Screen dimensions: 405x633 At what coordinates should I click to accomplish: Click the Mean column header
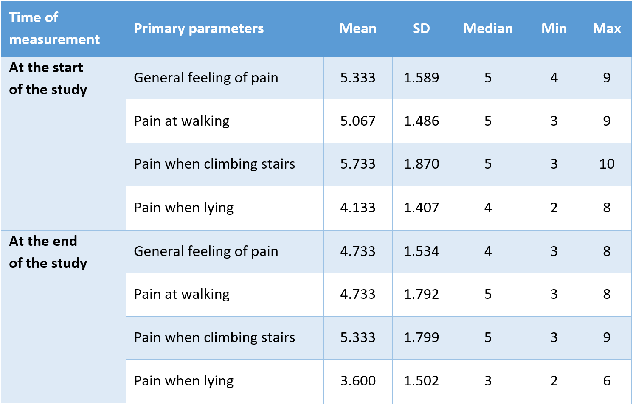click(358, 28)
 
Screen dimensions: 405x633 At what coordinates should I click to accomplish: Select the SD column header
click(421, 28)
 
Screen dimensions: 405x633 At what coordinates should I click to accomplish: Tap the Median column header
click(488, 28)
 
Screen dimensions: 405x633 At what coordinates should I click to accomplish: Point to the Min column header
click(554, 28)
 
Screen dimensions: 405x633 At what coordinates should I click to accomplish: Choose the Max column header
click(607, 28)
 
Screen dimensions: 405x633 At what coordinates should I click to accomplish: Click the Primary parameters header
click(199, 28)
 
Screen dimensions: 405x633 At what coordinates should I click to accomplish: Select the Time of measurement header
click(54, 28)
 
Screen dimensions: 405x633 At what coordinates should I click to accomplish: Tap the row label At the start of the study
click(48, 79)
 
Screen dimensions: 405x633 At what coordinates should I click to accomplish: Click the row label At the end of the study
click(48, 252)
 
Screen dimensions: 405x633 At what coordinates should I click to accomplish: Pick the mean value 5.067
click(358, 121)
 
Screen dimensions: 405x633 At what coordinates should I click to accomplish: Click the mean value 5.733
click(358, 164)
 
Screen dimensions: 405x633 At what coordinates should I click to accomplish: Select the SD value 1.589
click(421, 78)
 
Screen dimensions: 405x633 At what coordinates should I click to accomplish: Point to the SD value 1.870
click(421, 164)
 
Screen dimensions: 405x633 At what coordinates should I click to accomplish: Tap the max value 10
click(607, 164)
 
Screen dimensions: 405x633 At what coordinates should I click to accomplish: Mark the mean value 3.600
click(358, 381)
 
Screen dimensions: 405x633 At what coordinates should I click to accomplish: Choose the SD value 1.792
click(421, 294)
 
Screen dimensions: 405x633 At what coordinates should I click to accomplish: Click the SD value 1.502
click(421, 381)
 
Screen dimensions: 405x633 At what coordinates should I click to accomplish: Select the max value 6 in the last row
click(607, 381)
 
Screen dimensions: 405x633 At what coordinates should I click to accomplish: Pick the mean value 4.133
click(358, 208)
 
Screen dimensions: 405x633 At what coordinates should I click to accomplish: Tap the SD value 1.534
click(421, 251)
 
